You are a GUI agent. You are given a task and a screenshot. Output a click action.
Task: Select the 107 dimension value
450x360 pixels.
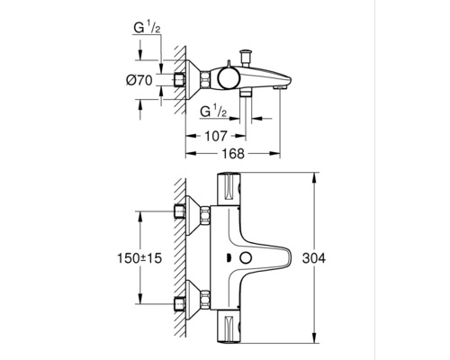216,138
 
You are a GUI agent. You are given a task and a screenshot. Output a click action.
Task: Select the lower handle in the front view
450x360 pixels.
232,326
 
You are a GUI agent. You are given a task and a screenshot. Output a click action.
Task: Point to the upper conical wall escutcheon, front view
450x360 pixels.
193,214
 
